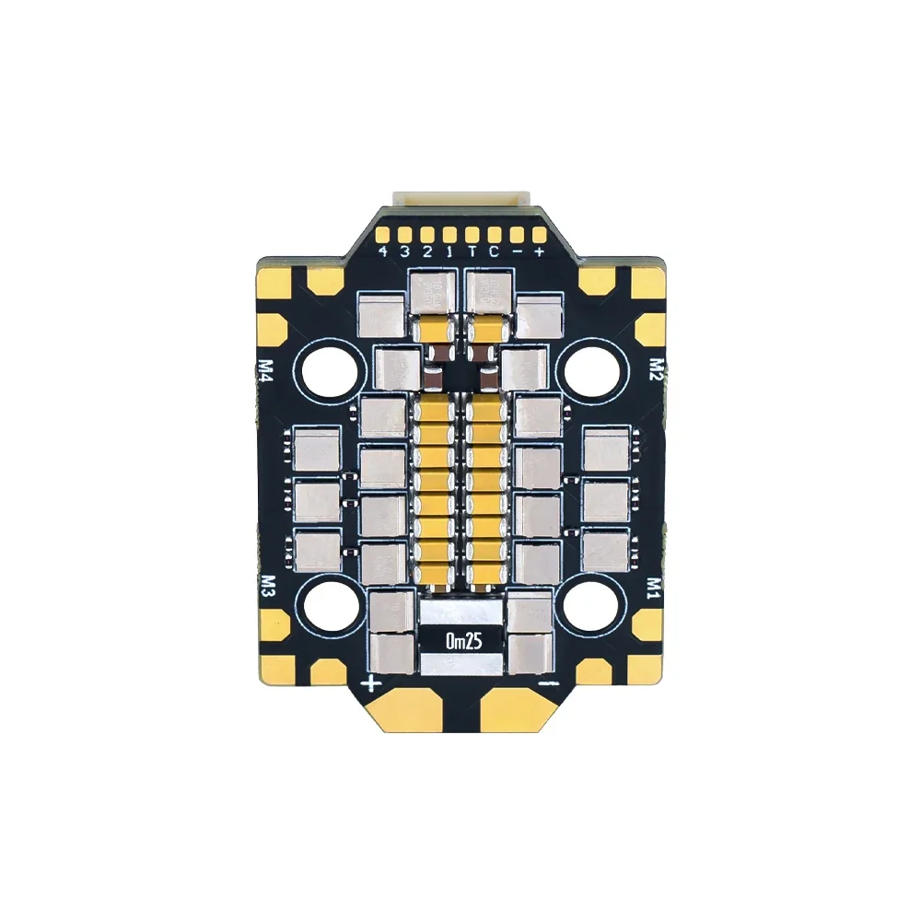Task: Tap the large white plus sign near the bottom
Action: pyautogui.click(x=372, y=682)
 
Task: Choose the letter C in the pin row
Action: pyautogui.click(x=495, y=251)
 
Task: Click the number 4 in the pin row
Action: pyautogui.click(x=384, y=251)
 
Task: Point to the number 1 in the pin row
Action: pyautogui.click(x=449, y=251)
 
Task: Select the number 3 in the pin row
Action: pyautogui.click(x=406, y=251)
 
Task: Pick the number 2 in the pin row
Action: pyautogui.click(x=428, y=251)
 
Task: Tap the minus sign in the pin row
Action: pyautogui.click(x=517, y=251)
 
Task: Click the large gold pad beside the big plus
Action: pyautogui.click(x=410, y=709)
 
